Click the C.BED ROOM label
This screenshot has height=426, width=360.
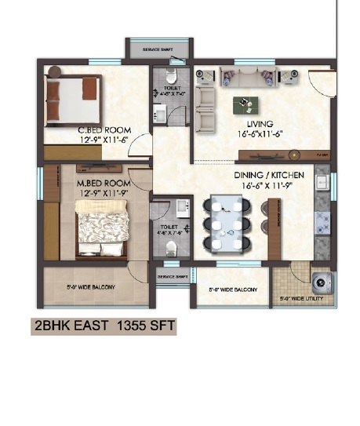(x=104, y=130)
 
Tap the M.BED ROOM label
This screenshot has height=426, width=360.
(x=103, y=184)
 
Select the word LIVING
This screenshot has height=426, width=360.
(x=259, y=124)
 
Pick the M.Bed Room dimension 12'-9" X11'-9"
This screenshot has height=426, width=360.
(x=103, y=194)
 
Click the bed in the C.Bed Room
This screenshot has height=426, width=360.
(x=72, y=100)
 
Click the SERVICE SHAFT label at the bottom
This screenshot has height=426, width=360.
(x=171, y=277)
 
